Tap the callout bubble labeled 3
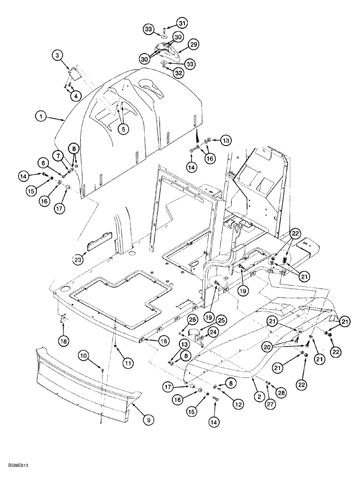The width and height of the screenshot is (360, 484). (x=59, y=57)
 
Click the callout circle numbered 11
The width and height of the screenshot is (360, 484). (x=115, y=362)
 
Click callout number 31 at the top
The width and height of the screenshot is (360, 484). (x=167, y=23)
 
